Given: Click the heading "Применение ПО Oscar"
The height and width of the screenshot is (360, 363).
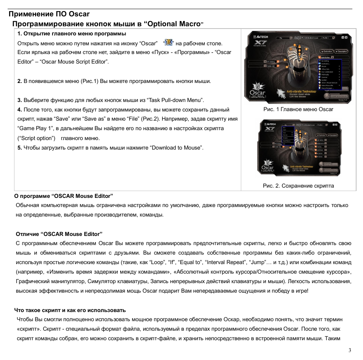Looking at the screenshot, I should (x=49, y=14).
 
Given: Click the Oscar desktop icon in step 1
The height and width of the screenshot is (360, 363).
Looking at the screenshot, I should (x=169, y=43).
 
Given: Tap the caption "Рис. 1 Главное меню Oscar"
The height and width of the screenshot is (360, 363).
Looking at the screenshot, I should (x=298, y=109).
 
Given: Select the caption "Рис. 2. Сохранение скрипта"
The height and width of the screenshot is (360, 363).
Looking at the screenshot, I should (x=298, y=186).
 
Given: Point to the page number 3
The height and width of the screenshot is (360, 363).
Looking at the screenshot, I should (x=350, y=350).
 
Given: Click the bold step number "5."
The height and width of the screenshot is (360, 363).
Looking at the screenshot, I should (x=20, y=148).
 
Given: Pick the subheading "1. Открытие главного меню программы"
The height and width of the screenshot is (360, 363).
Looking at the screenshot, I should (x=72, y=33).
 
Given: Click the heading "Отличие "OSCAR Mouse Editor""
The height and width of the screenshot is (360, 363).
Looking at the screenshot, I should (x=59, y=234).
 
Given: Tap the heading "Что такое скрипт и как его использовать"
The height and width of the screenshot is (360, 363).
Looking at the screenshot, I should (x=70, y=310).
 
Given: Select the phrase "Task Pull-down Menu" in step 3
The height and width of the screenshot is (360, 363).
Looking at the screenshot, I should (x=175, y=100).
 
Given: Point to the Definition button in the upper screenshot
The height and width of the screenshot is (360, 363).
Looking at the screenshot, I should (x=326, y=51).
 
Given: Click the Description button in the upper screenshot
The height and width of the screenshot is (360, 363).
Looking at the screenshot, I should (x=341, y=51).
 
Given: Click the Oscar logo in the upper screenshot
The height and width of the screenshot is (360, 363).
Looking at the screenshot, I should (x=257, y=92).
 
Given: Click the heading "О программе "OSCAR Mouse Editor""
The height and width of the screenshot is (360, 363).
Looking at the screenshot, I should (x=64, y=196).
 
